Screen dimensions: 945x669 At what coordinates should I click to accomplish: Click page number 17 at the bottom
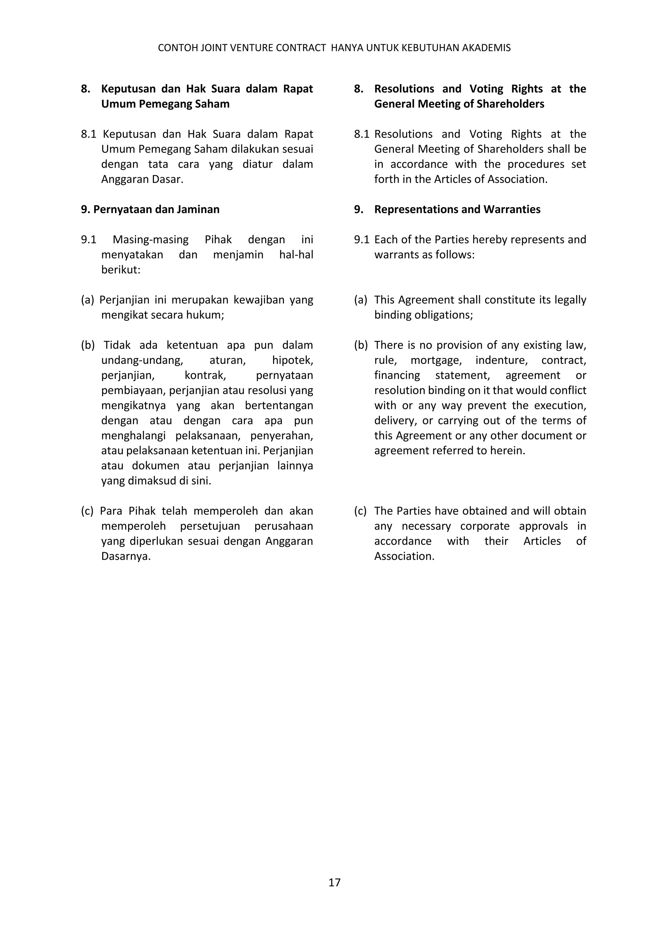[334, 882]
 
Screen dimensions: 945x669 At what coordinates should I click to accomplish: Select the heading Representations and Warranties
[457, 209]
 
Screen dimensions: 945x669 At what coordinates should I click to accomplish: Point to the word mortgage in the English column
[436, 360]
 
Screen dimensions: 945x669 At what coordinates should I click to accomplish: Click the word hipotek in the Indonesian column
[292, 360]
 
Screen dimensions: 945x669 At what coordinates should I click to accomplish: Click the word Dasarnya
[126, 556]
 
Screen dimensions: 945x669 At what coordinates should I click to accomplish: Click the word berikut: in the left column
[121, 270]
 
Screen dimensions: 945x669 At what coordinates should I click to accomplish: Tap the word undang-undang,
[142, 360]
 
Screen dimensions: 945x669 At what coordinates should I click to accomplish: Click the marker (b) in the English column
[360, 345]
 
